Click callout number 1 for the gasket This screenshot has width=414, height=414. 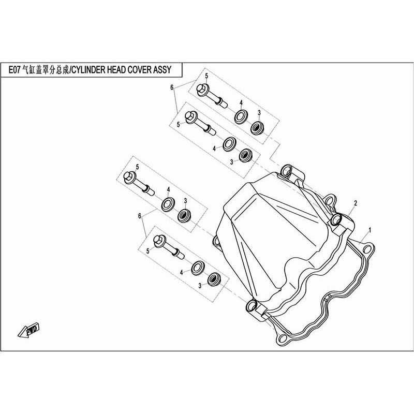370,230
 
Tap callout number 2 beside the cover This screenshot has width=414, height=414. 356,203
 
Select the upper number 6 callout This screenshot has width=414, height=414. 172,87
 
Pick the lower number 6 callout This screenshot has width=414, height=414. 140,216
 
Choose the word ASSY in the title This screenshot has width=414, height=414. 162,70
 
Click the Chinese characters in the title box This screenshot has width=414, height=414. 46,70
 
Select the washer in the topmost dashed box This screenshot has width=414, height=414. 241,116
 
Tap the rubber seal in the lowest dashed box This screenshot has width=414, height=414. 214,279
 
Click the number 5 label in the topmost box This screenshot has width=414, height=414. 206,76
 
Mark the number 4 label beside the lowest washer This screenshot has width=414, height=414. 182,273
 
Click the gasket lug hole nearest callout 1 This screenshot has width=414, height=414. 367,249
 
